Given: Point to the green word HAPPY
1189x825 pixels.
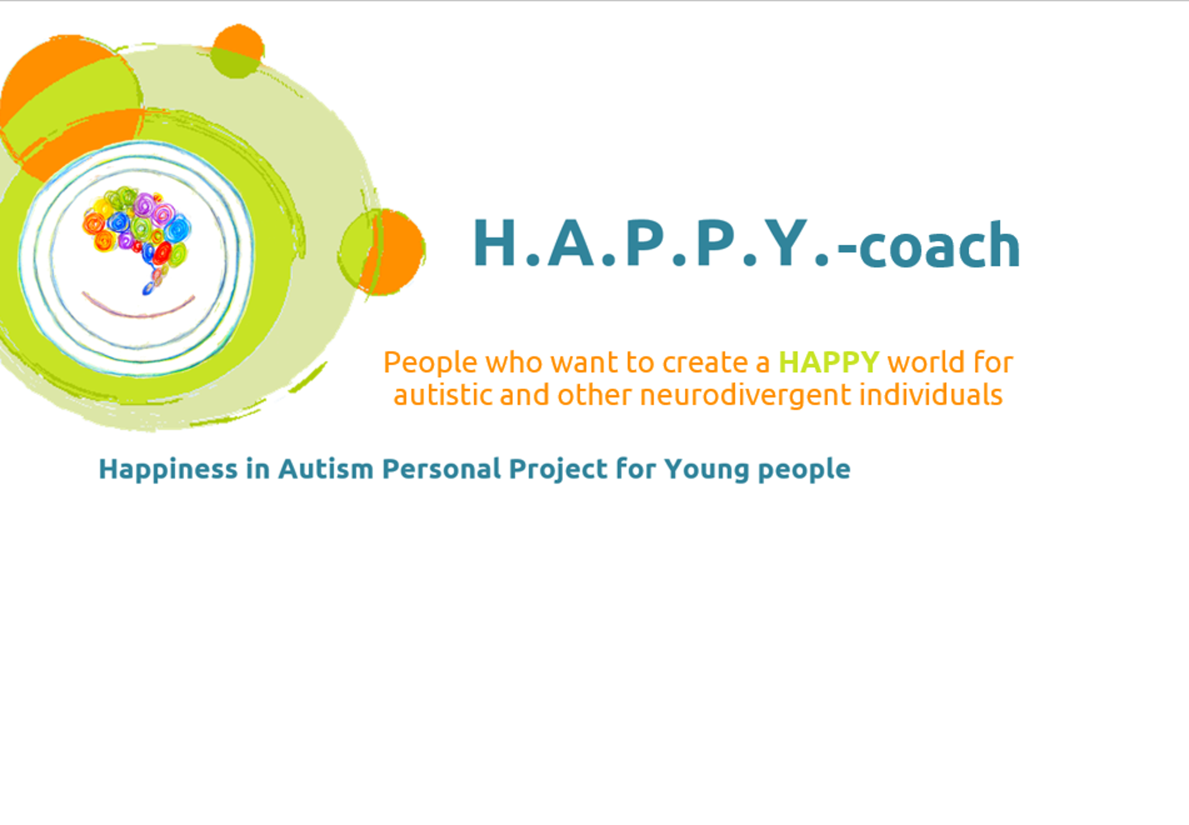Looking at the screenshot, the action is coord(829,362).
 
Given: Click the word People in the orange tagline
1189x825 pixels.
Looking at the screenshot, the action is coord(430,363).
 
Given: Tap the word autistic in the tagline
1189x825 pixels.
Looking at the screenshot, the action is coord(443,395).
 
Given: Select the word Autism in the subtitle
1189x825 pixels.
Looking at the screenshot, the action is coord(326,469).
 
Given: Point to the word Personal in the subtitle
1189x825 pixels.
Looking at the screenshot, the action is coord(442,469).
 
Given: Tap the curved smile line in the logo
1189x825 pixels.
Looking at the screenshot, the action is coord(139,313).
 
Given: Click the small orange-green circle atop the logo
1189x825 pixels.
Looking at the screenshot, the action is coord(237,51).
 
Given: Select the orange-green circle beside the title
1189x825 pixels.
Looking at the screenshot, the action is coord(381,252).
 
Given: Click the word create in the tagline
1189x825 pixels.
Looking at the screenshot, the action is coord(705,363).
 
